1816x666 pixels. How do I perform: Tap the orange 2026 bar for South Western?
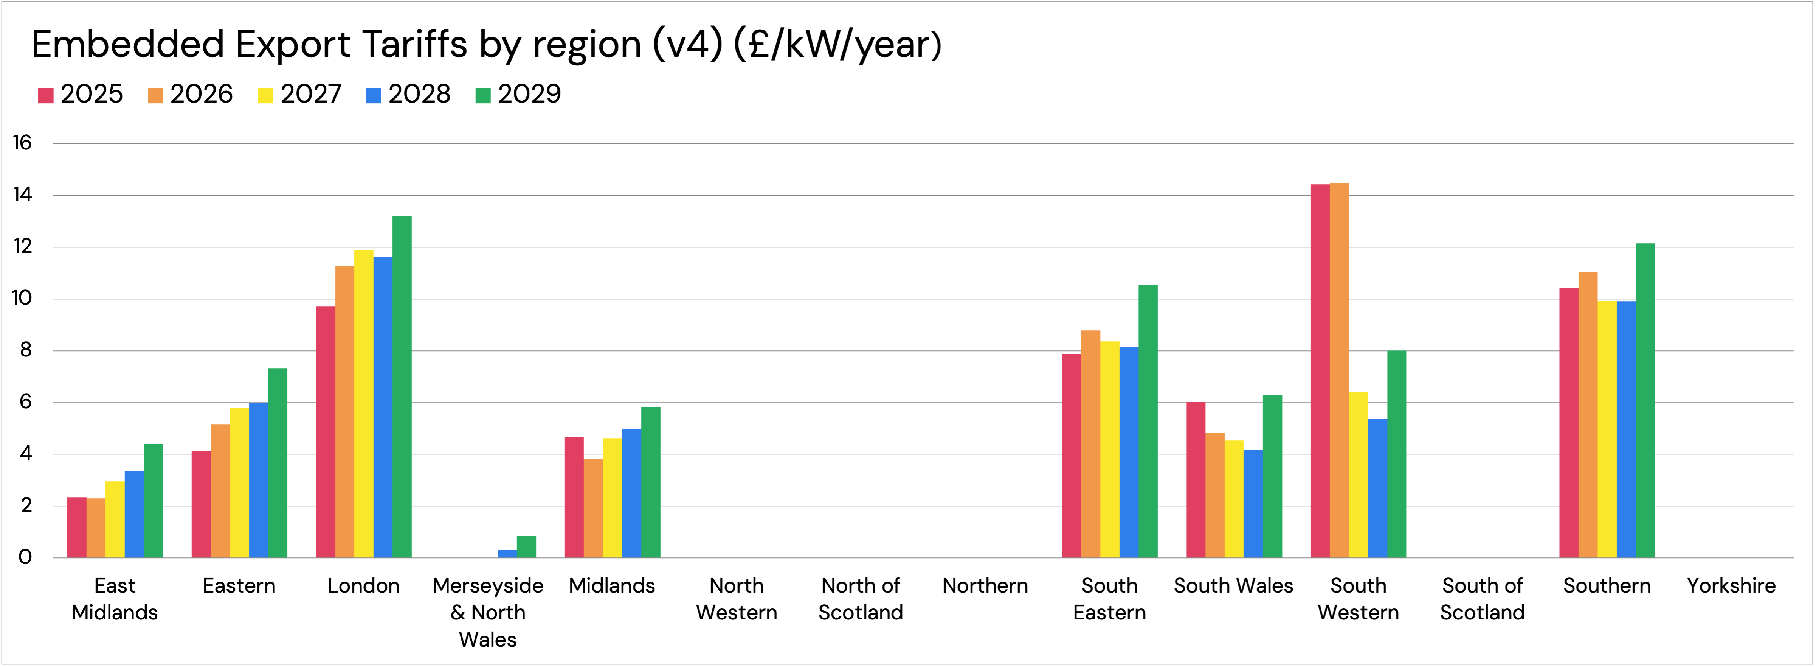[x=1339, y=370]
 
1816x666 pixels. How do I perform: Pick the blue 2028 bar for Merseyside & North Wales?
[x=507, y=554]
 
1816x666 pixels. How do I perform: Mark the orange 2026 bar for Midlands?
[x=593, y=508]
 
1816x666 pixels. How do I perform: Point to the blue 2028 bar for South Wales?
[x=1253, y=504]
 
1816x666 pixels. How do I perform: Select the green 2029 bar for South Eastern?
[x=1148, y=421]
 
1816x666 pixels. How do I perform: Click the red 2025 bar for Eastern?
[x=201, y=504]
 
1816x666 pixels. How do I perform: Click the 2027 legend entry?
[x=299, y=94]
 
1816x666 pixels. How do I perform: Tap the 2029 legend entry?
[x=518, y=94]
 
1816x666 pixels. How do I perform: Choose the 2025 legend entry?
[x=81, y=94]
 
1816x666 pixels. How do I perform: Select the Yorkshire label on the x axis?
[x=1731, y=585]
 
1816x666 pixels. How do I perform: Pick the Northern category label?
[x=985, y=585]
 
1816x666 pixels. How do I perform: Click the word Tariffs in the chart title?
[x=414, y=44]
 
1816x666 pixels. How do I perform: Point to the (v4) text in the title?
[x=687, y=44]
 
